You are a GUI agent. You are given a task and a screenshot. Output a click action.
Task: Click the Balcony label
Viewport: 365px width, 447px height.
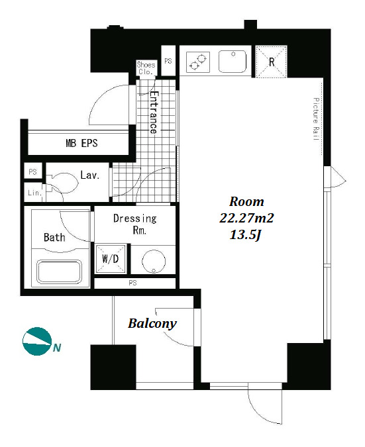[x=152, y=324]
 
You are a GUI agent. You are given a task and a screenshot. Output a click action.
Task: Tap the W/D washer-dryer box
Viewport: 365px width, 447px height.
[x=111, y=258]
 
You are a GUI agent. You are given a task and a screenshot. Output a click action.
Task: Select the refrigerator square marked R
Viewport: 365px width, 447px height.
[x=271, y=62]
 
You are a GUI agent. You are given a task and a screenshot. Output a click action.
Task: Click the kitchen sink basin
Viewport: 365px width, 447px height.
[x=233, y=62]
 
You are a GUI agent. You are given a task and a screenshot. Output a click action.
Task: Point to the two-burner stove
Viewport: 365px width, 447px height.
[x=198, y=62]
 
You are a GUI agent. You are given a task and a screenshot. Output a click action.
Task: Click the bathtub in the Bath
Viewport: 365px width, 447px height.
[x=60, y=272]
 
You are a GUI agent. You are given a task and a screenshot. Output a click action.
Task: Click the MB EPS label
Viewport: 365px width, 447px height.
[x=81, y=143]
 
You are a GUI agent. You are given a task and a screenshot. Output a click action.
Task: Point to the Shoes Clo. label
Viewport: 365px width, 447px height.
[x=146, y=68]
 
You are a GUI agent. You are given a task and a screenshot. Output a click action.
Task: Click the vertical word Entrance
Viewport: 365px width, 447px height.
[x=154, y=113]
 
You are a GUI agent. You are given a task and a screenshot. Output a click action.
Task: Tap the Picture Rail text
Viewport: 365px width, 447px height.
[x=316, y=119]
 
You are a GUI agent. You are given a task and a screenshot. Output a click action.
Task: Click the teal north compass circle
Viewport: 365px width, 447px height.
[x=36, y=341]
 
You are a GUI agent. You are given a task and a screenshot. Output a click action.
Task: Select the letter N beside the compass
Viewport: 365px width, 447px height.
[x=57, y=348]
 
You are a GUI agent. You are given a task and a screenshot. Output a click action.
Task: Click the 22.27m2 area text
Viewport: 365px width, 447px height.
[x=246, y=219]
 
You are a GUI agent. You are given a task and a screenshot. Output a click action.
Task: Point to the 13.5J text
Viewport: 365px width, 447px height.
[x=246, y=235]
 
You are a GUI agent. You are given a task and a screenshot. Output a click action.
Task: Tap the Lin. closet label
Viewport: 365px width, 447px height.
[x=35, y=193]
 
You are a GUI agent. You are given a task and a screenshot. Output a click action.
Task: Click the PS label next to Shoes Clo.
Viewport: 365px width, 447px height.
[x=168, y=61]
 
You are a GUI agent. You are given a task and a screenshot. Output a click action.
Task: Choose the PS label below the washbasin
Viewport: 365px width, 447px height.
[x=132, y=283]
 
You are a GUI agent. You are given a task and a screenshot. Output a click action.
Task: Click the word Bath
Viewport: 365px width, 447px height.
[x=54, y=237]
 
